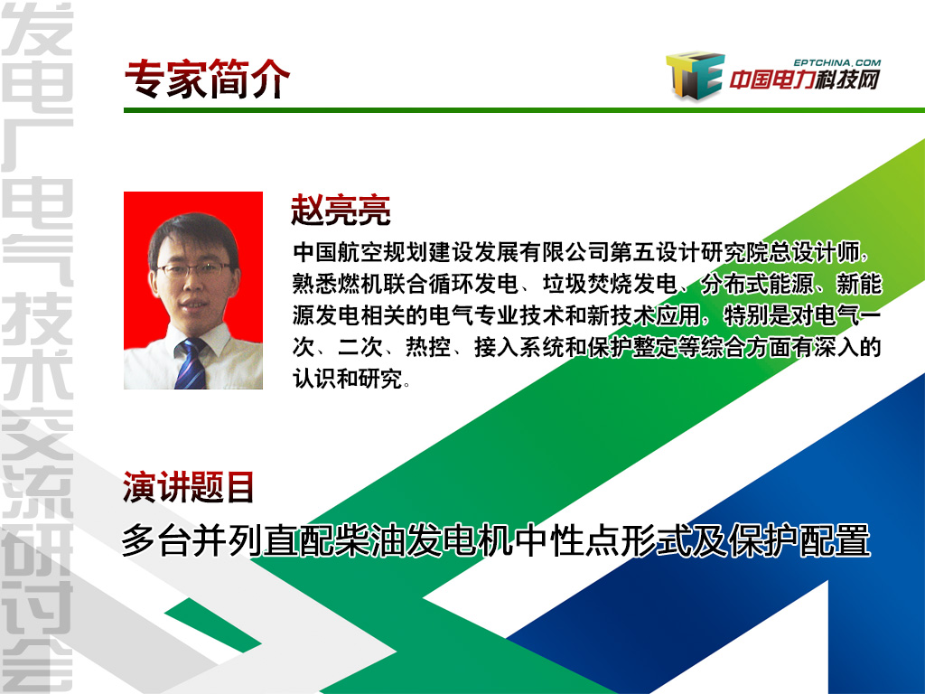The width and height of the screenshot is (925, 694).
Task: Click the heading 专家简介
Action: point(207,79)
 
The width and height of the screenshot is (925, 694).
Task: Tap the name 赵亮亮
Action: point(341,210)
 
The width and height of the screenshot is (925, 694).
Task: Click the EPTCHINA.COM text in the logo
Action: point(836,62)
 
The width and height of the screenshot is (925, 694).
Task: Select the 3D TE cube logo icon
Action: point(695,74)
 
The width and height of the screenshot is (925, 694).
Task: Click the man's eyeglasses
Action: point(193,270)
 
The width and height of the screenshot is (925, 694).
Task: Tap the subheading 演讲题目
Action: point(188,487)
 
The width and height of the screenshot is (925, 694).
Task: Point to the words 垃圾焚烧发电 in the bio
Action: point(610,285)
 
